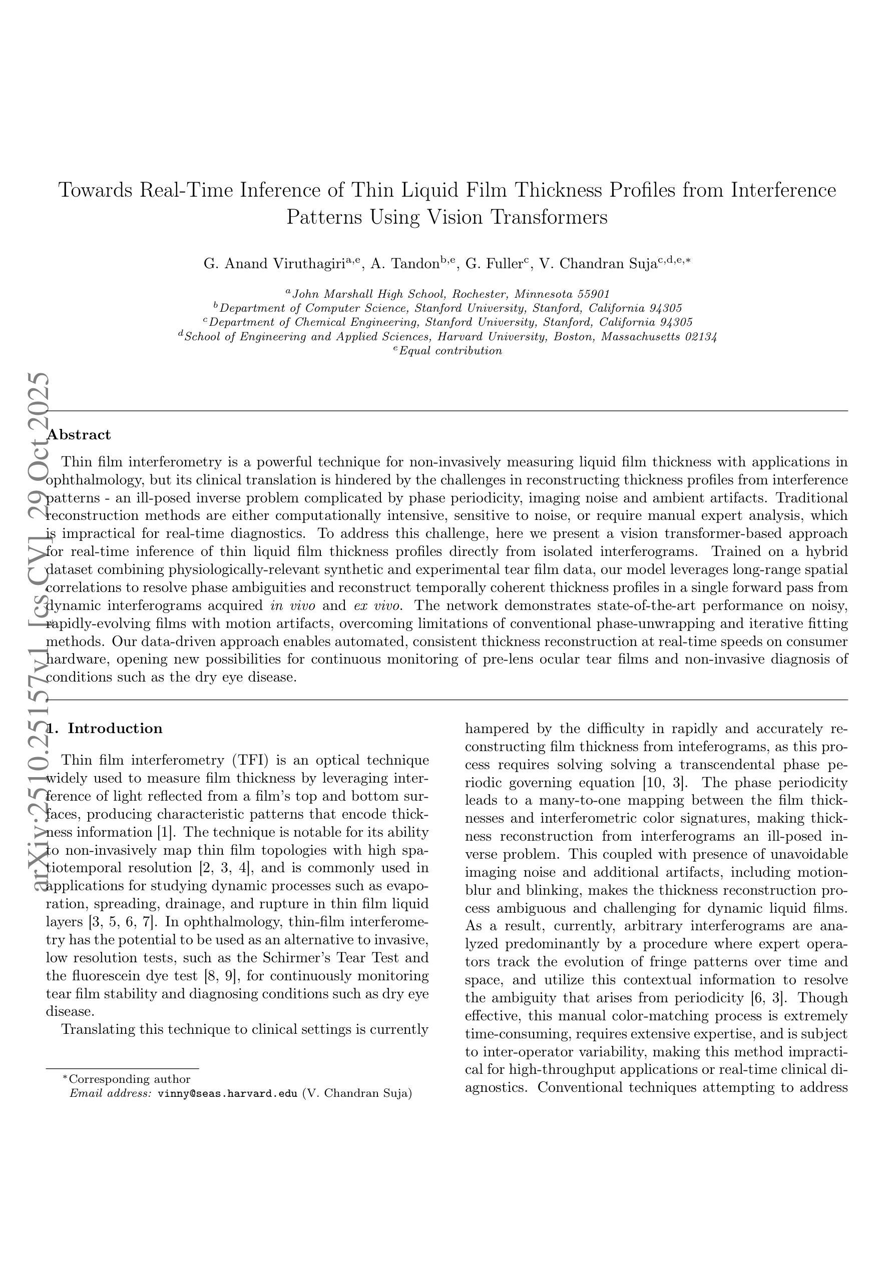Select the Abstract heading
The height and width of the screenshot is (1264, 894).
[x=79, y=435]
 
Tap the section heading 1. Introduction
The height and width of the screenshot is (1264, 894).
[x=104, y=729]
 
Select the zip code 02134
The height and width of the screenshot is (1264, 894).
[x=700, y=336]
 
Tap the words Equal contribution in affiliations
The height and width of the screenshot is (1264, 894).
[x=450, y=351]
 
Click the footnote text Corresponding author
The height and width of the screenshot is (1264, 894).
[x=130, y=1079]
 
